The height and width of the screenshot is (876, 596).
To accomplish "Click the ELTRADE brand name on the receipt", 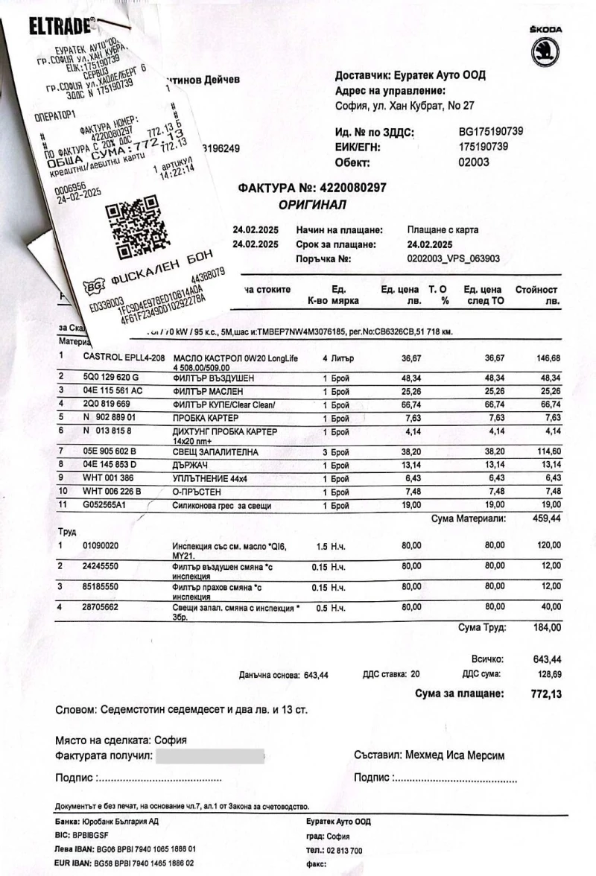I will click(60, 28).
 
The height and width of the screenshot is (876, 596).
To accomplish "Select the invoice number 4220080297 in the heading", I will click(352, 188).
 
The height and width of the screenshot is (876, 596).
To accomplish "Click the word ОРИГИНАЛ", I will click(312, 204).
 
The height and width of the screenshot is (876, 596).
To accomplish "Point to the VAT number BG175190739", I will click(491, 132).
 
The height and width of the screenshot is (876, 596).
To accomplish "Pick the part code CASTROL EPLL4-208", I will click(124, 358).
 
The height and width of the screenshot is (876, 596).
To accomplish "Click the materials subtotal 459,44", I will click(546, 518).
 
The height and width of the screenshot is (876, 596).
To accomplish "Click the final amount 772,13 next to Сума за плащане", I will click(545, 694).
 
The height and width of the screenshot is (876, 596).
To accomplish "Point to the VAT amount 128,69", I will click(548, 674).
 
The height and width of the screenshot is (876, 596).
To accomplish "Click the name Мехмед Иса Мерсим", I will click(455, 755).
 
